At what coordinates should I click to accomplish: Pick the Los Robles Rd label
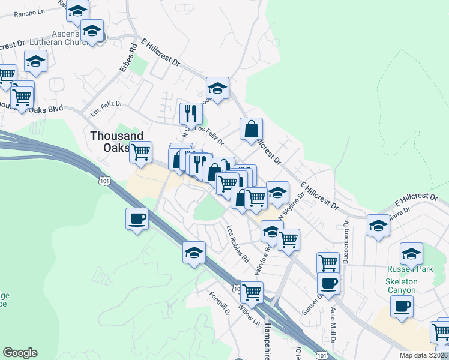[x=237, y=244]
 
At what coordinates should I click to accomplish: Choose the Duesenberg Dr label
[x=346, y=244]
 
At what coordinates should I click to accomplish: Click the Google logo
[x=20, y=353]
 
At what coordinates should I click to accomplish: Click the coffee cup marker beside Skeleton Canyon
[x=402, y=307]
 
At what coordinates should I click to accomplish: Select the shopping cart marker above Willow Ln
[x=252, y=292]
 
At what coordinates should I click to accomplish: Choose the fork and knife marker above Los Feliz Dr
[x=190, y=112]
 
